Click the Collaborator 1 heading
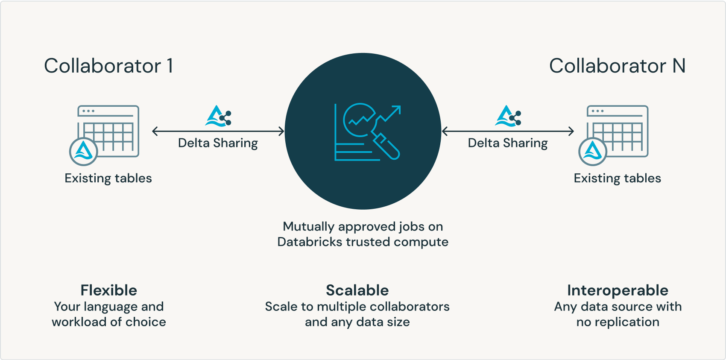click(108, 66)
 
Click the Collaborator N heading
click(617, 66)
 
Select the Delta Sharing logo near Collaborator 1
click(218, 116)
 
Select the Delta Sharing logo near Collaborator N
click(508, 116)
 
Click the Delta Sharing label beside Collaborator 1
click(218, 143)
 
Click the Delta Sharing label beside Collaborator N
click(508, 143)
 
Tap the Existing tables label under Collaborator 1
click(108, 178)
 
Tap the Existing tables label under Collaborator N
click(617, 178)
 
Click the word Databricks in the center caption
click(310, 242)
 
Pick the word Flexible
click(109, 290)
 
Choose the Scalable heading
click(357, 290)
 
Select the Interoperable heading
click(618, 290)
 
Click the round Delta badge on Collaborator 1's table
click(84, 152)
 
